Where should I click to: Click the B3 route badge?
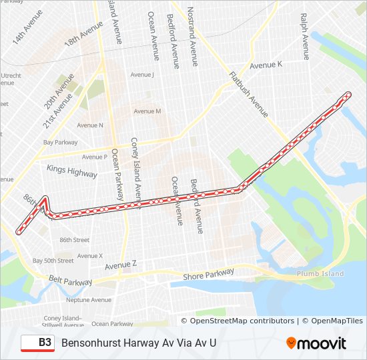[x=37, y=343]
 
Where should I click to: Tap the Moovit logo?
[x=316, y=343]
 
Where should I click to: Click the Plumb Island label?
[x=320, y=274]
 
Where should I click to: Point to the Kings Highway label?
[x=72, y=171]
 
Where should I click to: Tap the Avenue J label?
[x=142, y=75]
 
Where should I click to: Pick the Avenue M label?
[x=147, y=111]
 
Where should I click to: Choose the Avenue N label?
[x=90, y=125]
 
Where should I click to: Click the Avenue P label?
[x=94, y=157]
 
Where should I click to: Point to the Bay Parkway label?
[x=60, y=143]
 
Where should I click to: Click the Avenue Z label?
[x=121, y=265]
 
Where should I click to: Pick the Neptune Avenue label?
[x=89, y=300]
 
